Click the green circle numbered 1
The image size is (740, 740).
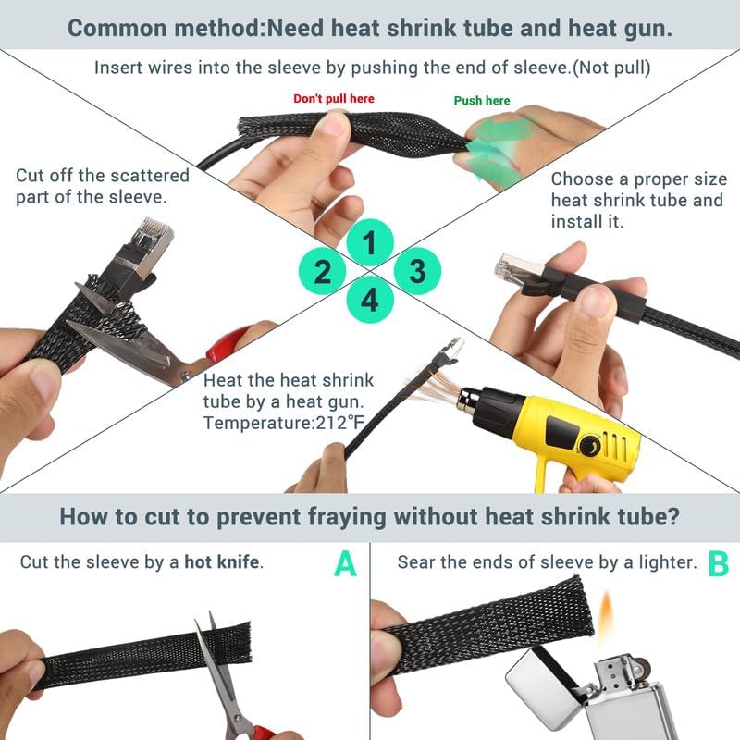(370, 244)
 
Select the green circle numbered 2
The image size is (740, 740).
(323, 272)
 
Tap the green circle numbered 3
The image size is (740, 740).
(417, 271)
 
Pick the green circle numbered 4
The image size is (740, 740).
(370, 300)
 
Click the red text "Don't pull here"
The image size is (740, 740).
(334, 98)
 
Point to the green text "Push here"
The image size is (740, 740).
(482, 100)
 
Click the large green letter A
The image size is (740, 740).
(345, 563)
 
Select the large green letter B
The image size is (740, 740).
(718, 563)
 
